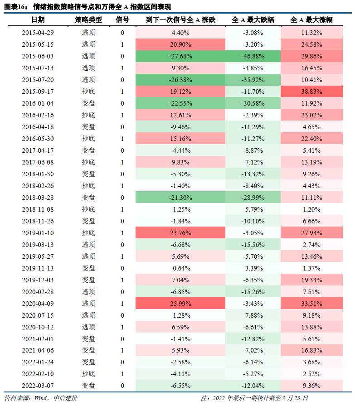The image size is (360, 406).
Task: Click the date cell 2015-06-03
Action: (x=38, y=56)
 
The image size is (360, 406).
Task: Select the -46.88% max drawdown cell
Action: (x=253, y=56)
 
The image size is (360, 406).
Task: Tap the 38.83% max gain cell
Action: (x=312, y=92)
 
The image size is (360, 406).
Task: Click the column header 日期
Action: (x=38, y=20)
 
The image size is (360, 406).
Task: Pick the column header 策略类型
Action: (x=88, y=20)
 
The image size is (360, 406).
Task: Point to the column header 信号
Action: (x=122, y=20)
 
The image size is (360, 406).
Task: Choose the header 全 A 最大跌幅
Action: (x=253, y=20)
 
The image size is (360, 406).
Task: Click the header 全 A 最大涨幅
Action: (x=311, y=20)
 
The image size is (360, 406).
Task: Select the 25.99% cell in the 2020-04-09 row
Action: (x=180, y=303)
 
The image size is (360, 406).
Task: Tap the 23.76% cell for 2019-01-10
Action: (x=180, y=233)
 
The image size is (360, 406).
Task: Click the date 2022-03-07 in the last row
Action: (x=38, y=386)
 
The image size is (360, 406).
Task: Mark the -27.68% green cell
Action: (x=180, y=56)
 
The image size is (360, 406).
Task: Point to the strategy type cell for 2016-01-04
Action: (x=88, y=103)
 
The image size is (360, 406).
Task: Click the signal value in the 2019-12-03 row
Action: (x=122, y=280)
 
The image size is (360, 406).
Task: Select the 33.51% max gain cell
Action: (x=312, y=303)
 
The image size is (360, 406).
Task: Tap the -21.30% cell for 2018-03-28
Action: (x=180, y=198)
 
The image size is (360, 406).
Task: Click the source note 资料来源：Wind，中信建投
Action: (x=34, y=398)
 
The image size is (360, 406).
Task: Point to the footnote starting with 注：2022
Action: (x=254, y=398)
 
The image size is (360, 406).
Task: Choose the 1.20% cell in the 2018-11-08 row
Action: (x=312, y=209)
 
